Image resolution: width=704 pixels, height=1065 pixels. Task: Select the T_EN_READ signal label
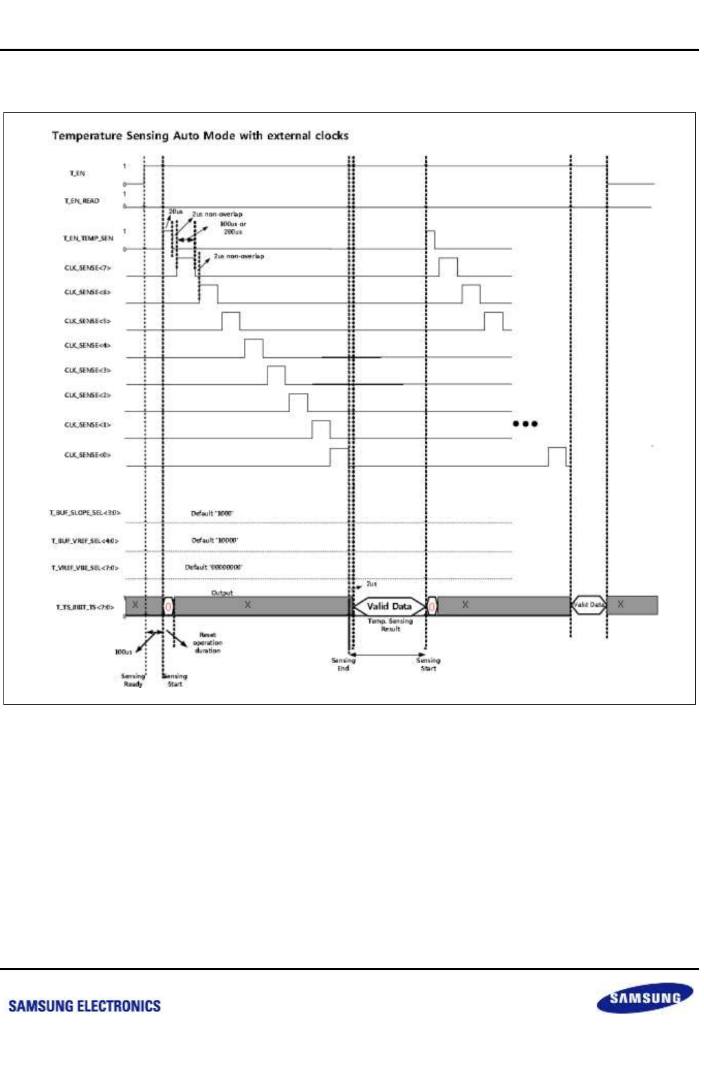82,201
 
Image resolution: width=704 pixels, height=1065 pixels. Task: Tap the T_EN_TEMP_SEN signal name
88,238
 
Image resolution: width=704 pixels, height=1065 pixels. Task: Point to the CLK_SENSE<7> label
87,268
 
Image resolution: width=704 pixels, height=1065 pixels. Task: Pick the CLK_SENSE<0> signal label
87,455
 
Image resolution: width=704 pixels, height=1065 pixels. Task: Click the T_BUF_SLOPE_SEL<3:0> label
85,513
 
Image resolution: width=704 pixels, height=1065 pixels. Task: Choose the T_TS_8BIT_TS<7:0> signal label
85,607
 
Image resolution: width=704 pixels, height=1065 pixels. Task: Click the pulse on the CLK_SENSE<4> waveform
254,348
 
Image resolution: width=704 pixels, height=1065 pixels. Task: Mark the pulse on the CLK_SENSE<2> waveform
298,403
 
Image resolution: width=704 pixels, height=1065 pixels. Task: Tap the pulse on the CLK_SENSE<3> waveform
276,375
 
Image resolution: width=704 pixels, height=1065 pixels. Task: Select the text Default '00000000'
213,567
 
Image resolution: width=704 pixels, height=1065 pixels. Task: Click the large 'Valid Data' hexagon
388,606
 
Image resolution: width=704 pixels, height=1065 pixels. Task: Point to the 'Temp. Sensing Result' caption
390,625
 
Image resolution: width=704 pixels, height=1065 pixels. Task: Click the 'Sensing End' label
343,664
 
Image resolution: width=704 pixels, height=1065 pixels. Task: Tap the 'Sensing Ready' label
133,680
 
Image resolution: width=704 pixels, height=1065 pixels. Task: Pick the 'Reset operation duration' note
207,642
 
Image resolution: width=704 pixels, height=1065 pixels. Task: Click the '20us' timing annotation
175,212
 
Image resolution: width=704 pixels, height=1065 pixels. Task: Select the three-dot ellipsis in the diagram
525,423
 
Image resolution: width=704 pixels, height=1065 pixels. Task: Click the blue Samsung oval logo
644,998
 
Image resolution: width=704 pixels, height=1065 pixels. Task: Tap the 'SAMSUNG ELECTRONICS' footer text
85,1006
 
